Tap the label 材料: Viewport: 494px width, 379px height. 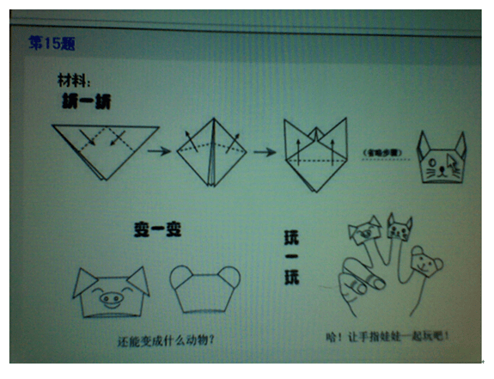[74, 82]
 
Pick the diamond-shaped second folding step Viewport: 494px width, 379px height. [211, 152]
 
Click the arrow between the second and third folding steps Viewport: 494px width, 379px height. [264, 152]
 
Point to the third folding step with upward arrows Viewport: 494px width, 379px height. [313, 155]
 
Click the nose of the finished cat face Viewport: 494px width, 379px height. [442, 166]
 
